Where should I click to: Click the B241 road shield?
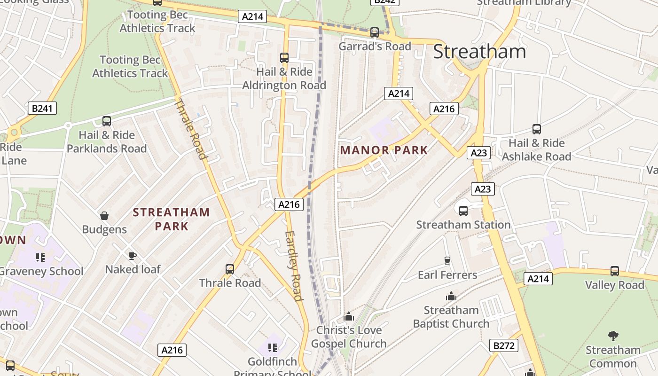coord(42,109)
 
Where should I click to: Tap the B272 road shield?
coord(503,346)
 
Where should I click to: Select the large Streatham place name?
coord(479,51)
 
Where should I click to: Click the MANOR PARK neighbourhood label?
coord(384,150)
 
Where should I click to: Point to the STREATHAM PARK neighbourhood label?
coord(171,219)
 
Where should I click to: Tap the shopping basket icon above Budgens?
coord(104,216)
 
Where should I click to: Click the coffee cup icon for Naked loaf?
coord(133,256)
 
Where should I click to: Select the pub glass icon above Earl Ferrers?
coord(447,261)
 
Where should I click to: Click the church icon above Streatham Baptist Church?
coord(451,296)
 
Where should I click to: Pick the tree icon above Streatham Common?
coord(613,336)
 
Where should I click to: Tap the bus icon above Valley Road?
coord(614,271)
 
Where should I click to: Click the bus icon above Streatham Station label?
coord(463,211)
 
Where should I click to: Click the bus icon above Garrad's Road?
coord(375,32)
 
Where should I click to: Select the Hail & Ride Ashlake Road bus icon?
coord(536,129)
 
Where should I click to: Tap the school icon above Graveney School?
coord(40,257)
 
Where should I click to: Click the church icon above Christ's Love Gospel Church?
coord(349,316)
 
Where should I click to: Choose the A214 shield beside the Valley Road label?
coord(538,279)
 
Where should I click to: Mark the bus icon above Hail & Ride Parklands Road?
coord(107,121)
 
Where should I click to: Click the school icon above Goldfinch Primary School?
coord(272,348)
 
